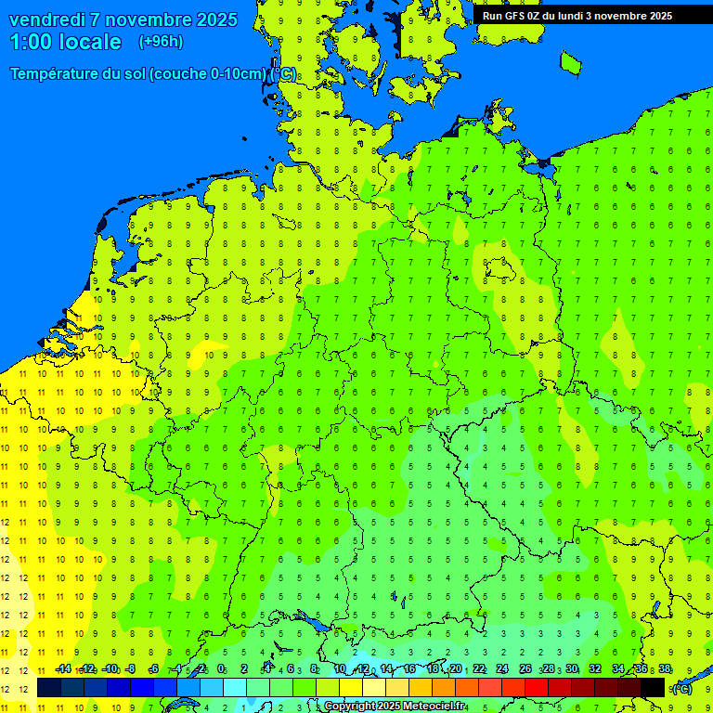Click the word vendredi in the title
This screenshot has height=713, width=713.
point(47,19)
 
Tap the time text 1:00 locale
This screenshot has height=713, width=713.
point(65,42)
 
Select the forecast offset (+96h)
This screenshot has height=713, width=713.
point(161,42)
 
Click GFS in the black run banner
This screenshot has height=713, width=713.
point(517,15)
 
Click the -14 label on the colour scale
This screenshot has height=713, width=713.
point(63,669)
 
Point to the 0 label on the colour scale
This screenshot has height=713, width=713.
point(221,669)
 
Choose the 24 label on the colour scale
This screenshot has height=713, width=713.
point(502,669)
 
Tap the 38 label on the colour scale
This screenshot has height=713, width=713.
point(665,669)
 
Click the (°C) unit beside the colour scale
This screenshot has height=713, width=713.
point(682,688)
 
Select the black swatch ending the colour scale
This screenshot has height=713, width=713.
point(653,688)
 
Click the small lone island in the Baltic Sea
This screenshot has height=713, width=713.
point(570,62)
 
